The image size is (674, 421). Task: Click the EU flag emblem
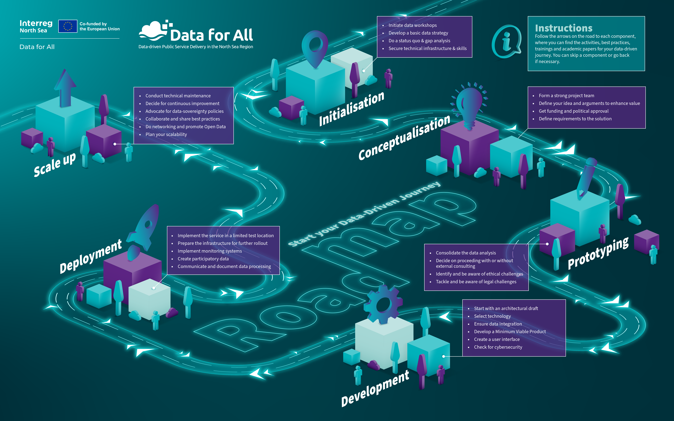click(x=68, y=26)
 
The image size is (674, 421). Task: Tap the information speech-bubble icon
click(x=506, y=42)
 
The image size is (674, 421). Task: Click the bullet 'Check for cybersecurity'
click(x=498, y=347)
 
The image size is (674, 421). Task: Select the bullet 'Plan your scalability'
click(x=166, y=134)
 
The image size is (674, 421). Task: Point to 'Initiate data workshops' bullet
click(x=412, y=25)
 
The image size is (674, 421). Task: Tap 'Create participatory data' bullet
click(x=203, y=259)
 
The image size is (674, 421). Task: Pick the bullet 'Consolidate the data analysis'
click(x=466, y=253)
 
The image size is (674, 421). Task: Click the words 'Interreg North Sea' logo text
click(x=36, y=26)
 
